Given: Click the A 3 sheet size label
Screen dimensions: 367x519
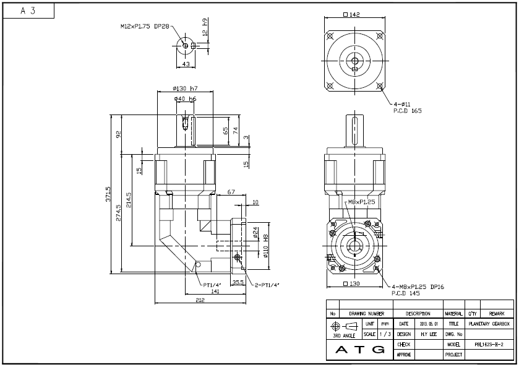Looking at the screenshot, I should pyautogui.click(x=28, y=11).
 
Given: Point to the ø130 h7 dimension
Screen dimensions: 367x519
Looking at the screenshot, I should pyautogui.click(x=186, y=89).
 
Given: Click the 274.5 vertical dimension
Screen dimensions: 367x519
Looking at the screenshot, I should pyautogui.click(x=119, y=210).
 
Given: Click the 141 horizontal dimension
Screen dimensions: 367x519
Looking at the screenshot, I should pyautogui.click(x=216, y=291).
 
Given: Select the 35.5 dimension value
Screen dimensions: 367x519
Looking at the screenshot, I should pyautogui.click(x=238, y=282).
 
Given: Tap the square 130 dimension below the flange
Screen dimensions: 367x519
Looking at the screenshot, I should pyautogui.click(x=351, y=284).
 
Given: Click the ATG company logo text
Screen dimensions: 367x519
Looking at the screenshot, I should pyautogui.click(x=358, y=350).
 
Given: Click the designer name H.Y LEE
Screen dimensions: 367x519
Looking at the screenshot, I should pyautogui.click(x=429, y=334).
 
